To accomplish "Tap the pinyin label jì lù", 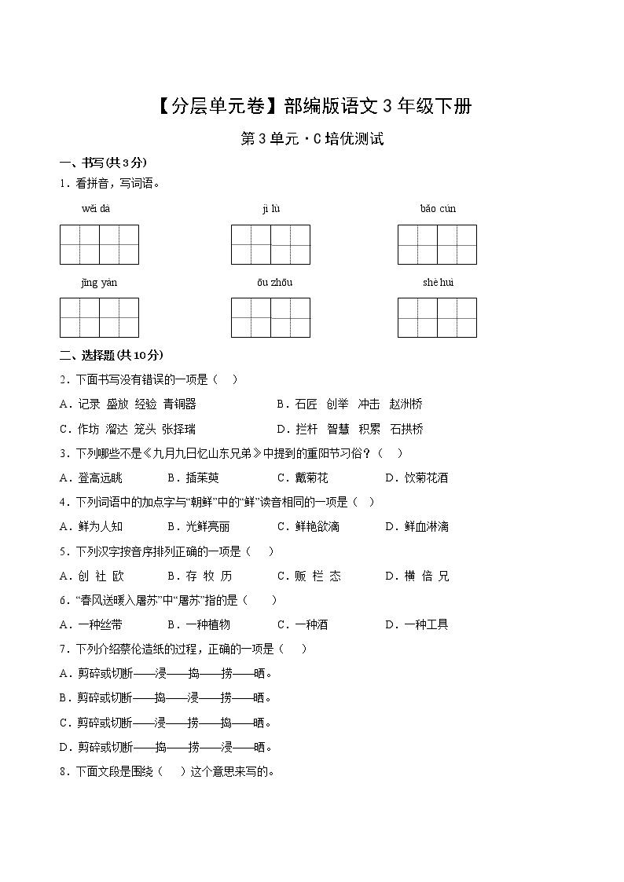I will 271,209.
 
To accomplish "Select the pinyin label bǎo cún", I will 438,209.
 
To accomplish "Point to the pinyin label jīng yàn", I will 99,283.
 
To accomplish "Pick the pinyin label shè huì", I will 438,283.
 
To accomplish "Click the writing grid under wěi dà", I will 99,244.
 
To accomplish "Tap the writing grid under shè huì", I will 437,317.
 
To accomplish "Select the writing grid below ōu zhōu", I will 270,317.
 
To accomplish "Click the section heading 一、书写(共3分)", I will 103,163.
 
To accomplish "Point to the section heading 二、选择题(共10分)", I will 111,355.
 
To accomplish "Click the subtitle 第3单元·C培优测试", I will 312,140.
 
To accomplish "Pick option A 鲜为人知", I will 91,526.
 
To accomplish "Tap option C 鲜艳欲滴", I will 308,526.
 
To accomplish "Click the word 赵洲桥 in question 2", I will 406,404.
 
